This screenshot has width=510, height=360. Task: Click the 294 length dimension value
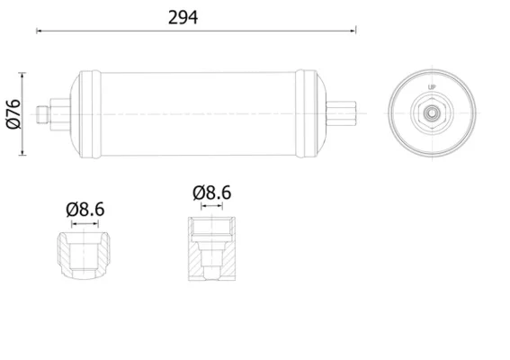tap(183, 18)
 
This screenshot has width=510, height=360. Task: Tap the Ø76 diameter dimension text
tap(13, 114)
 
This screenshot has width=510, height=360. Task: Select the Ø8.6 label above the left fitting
tap(85, 210)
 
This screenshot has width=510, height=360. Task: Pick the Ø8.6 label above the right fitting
tap(211, 193)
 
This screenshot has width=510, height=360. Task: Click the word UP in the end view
tap(431, 87)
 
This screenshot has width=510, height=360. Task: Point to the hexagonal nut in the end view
tap(432, 113)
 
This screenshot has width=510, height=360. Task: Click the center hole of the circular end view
tap(432, 113)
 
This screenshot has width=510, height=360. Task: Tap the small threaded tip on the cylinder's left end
tap(42, 114)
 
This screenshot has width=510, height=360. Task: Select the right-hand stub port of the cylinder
tap(341, 113)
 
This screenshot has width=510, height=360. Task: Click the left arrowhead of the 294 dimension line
tap(39, 31)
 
